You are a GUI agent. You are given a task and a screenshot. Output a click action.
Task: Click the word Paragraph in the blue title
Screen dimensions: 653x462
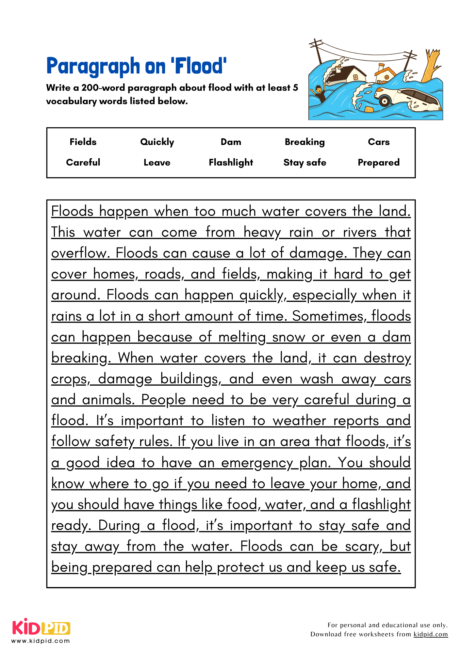[x=93, y=66]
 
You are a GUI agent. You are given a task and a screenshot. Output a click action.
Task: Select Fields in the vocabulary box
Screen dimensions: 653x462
[x=83, y=142]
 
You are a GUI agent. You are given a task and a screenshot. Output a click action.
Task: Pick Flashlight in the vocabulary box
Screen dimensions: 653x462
[x=231, y=163]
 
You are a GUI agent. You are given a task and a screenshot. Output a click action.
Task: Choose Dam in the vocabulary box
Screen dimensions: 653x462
[x=231, y=142]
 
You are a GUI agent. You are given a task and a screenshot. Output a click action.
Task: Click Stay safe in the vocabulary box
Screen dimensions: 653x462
[x=305, y=163]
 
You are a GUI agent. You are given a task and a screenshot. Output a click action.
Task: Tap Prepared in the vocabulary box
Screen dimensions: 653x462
[x=378, y=163]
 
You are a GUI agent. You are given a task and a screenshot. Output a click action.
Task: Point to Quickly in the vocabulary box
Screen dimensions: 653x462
[x=157, y=142]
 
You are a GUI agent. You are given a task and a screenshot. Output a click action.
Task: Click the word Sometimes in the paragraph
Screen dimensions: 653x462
[x=328, y=316]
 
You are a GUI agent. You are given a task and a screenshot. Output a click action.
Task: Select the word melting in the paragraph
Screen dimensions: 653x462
[x=242, y=337]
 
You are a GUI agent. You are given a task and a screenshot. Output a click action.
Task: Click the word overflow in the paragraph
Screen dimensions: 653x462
[x=79, y=253]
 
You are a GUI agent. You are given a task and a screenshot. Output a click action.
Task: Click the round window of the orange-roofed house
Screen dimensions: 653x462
[x=387, y=77]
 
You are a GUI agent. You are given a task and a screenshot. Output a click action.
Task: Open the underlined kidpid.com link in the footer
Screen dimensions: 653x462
[x=430, y=634]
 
